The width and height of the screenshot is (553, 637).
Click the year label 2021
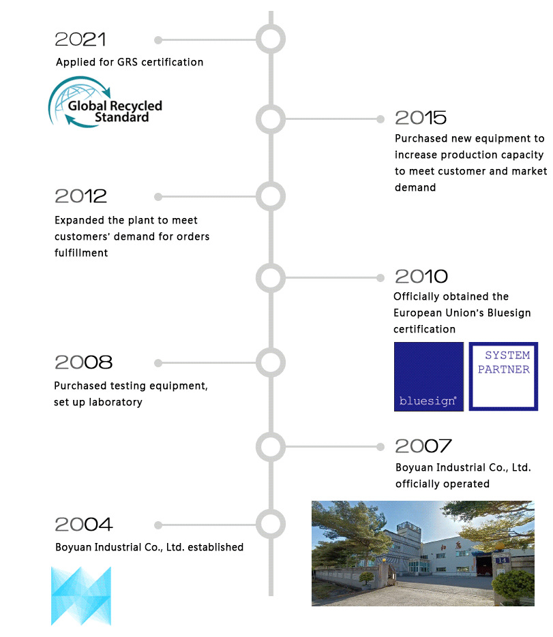80,40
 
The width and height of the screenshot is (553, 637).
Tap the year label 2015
421,118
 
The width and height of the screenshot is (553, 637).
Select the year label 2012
80,196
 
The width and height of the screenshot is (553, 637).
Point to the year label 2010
421,277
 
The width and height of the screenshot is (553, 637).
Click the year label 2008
83,362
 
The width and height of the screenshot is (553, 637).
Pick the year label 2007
423,446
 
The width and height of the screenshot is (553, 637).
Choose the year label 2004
83,525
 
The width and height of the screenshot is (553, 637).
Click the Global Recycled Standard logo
105,102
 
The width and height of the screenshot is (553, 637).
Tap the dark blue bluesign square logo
429,377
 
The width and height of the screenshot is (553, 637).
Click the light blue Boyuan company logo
81,596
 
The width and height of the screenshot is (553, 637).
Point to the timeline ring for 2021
271,25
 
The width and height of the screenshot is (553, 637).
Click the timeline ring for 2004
271,510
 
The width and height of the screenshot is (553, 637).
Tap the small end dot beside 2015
380,119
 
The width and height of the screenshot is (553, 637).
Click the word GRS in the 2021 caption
128,62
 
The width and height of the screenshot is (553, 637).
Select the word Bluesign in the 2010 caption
509,313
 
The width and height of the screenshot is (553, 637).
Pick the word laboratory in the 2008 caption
115,402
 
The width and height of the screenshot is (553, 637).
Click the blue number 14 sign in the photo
502,560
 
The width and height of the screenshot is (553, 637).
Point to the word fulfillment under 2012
81,253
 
